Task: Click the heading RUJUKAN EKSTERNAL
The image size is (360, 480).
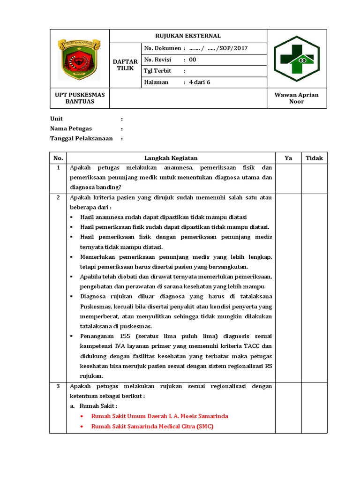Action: pos(188,36)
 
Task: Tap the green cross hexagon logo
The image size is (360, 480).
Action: pos(296,59)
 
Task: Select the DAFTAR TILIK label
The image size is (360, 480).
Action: pos(125,65)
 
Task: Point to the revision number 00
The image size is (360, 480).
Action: pos(193,60)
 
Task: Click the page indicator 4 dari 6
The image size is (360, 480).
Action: pos(199,82)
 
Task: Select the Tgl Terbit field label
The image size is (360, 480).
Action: pos(158,71)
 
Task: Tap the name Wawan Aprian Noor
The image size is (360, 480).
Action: pos(296,98)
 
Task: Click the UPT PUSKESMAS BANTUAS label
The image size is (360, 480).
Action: pos(80,98)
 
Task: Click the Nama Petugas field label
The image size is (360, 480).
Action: pos(71,128)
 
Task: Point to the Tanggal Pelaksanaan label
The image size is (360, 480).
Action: pos(82,138)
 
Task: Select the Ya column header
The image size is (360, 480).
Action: pos(288,158)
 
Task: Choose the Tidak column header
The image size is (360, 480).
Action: pos(314,158)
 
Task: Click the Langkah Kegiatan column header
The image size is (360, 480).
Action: pos(171,158)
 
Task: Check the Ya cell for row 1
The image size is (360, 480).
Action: pos(288,177)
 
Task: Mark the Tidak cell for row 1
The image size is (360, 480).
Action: pos(314,177)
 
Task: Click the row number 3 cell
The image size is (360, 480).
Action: pos(58,386)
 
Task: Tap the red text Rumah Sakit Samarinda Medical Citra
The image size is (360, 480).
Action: pos(152,427)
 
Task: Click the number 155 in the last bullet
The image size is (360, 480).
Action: pos(126,336)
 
